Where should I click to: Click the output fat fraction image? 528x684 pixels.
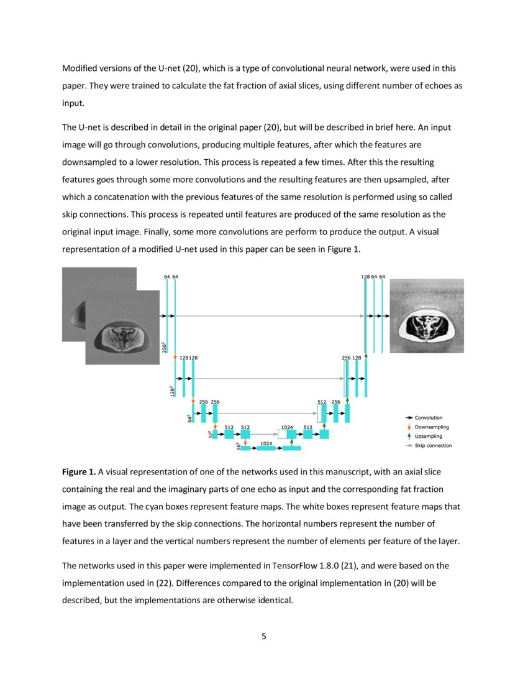(426, 316)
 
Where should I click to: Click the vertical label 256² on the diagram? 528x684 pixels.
(163, 348)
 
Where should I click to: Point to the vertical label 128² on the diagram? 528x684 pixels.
(172, 391)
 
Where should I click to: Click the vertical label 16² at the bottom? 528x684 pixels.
(238, 446)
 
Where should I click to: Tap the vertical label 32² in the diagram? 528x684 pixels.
(210, 434)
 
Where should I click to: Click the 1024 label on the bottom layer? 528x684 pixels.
(266, 443)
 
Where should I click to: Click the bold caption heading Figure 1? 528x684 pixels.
(78, 473)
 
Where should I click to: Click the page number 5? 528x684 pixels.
(264, 636)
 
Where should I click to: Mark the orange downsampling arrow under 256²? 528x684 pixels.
(175, 358)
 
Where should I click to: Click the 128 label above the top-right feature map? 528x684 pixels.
(365, 276)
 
